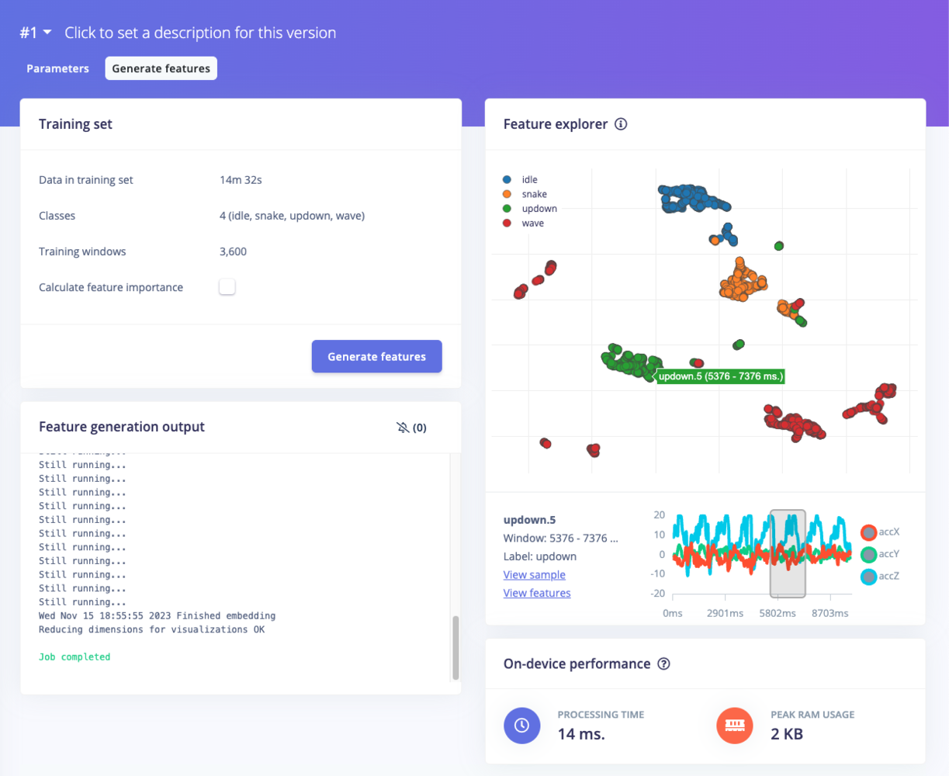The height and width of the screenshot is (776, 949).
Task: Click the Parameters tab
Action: point(57,68)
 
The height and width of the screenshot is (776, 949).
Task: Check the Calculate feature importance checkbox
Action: point(227,287)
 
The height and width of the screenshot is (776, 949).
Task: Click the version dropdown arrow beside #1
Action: point(47,33)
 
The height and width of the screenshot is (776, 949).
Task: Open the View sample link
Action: point(534,575)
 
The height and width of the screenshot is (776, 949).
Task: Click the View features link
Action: point(536,593)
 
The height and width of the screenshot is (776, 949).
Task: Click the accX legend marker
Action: point(869,532)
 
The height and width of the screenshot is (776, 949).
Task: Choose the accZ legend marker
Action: point(869,577)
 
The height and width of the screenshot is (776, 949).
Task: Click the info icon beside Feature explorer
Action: point(621,124)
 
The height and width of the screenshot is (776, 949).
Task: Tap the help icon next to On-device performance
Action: point(663,664)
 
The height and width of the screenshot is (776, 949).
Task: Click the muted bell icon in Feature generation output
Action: point(403,428)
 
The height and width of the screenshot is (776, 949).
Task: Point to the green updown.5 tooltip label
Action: point(721,376)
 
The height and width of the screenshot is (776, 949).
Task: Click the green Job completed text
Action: point(74,657)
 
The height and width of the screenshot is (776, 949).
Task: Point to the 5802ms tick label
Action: point(778,613)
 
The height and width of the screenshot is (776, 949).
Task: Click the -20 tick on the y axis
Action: point(659,594)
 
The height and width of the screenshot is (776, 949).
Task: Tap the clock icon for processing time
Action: point(522,725)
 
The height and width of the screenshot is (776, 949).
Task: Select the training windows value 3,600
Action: point(233,251)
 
